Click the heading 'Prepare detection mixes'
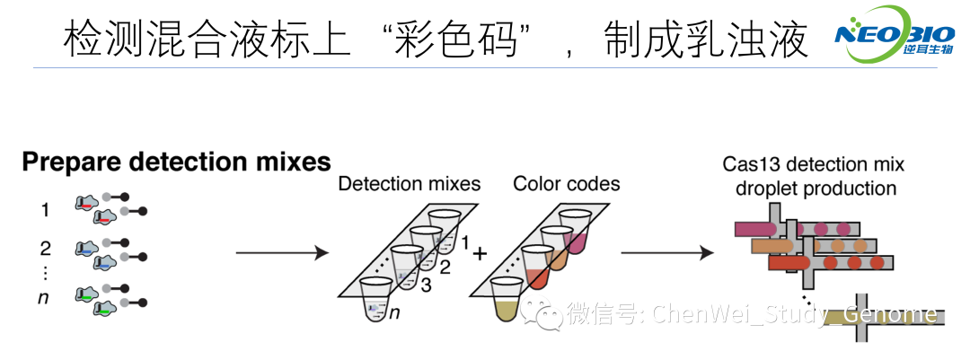pyautogui.click(x=176, y=162)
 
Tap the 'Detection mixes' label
pyautogui.click(x=409, y=184)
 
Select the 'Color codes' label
pyautogui.click(x=566, y=184)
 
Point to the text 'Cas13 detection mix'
pyautogui.click(x=813, y=165)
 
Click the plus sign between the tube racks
pyautogui.click(x=480, y=254)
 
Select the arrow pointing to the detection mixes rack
pyautogui.click(x=281, y=254)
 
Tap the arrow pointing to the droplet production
pyautogui.click(x=664, y=254)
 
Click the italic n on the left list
pyautogui.click(x=42, y=297)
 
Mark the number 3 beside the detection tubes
pyautogui.click(x=427, y=284)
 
